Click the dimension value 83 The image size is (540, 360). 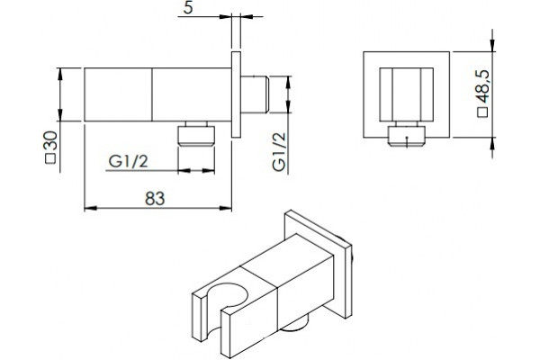pyautogui.click(x=155, y=198)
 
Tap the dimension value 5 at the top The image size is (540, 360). pyautogui.click(x=188, y=7)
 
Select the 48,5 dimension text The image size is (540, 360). pyautogui.click(x=482, y=86)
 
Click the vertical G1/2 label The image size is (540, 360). pyautogui.click(x=279, y=151)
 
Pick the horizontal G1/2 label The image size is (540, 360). pyautogui.click(x=128, y=161)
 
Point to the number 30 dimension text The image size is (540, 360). pyautogui.click(x=50, y=140)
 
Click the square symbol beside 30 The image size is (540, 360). pyautogui.click(x=50, y=158)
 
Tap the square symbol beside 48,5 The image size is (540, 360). pyautogui.click(x=482, y=112)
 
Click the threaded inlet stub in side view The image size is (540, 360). pyautogui.click(x=255, y=94)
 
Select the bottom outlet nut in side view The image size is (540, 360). pyautogui.click(x=196, y=134)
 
